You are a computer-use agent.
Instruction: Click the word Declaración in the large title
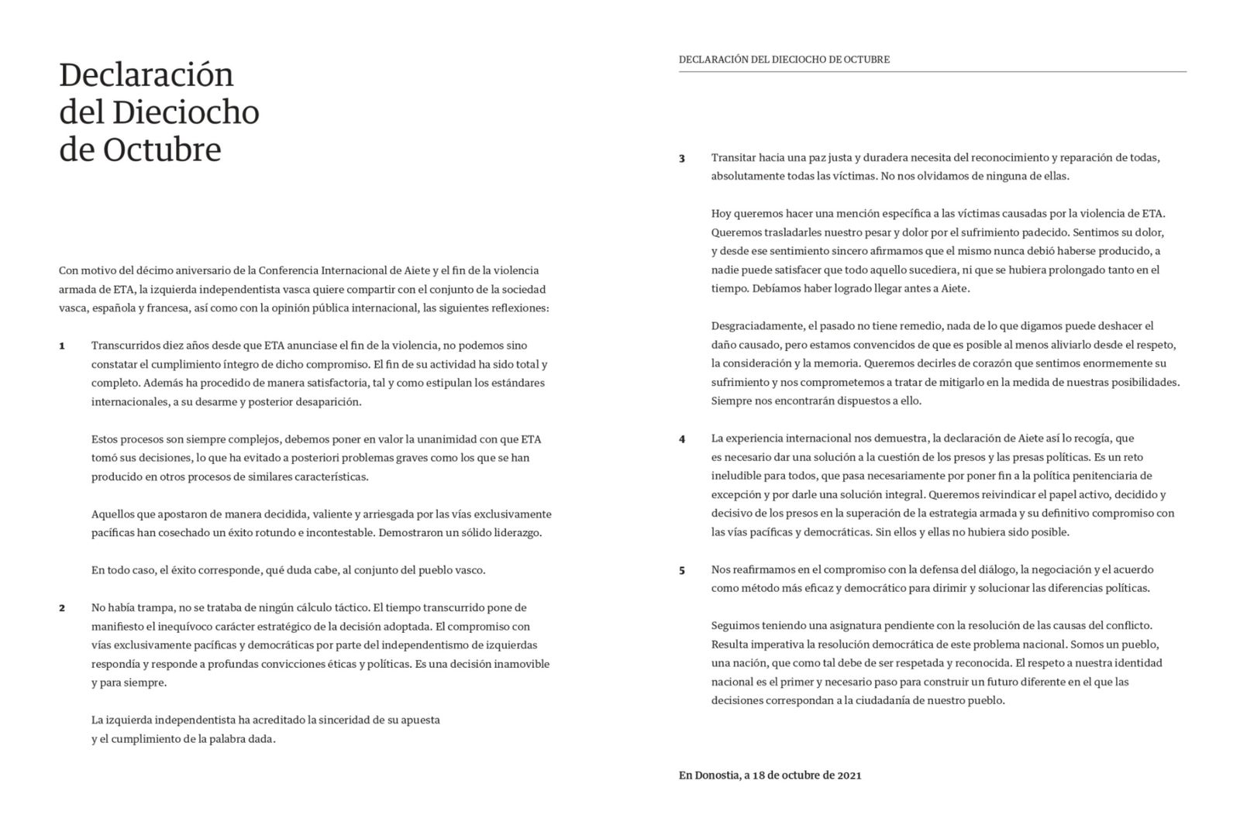[146, 75]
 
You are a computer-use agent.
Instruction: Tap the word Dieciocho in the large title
[185, 113]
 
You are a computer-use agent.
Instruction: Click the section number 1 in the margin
[62, 346]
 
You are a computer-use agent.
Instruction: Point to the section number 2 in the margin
[62, 608]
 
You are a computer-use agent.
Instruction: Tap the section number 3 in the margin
[682, 159]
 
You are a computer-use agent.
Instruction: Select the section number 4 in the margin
[682, 439]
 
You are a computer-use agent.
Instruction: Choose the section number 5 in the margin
[682, 571]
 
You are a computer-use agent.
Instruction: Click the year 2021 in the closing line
[849, 775]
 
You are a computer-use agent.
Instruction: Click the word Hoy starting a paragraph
[721, 214]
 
